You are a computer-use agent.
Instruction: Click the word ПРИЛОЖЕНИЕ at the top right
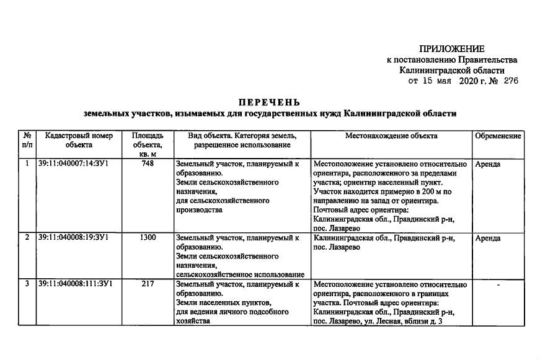[451, 49]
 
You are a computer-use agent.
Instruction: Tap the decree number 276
[511, 81]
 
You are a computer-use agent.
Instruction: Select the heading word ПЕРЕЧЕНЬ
[270, 102]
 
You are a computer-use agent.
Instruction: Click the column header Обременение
[498, 136]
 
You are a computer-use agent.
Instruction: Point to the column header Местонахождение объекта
[391, 136]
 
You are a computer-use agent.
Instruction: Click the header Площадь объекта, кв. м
[148, 144]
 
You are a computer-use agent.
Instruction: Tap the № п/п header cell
[27, 140]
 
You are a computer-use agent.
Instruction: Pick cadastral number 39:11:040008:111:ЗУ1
[76, 284]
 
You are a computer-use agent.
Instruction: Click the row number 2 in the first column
[27, 237]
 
